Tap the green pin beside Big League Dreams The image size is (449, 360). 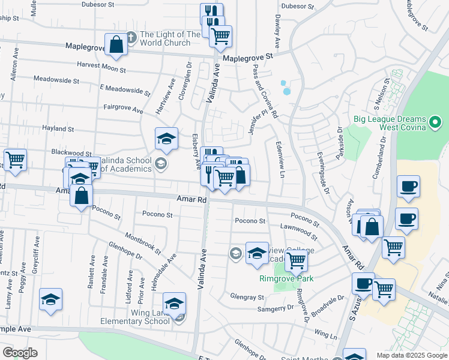pos(436,124)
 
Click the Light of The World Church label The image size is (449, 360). pos(170,39)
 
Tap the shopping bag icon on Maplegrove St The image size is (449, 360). pos(116,44)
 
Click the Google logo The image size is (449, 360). pos(20,352)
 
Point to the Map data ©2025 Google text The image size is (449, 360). pos(411,355)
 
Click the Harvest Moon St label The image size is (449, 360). pos(101,69)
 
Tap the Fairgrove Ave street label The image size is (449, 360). pos(123,110)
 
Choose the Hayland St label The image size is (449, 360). pos(58,128)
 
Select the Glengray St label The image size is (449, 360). pos(248,297)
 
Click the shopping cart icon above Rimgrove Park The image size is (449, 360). pos(296,260)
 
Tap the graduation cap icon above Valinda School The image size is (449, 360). pos(166,139)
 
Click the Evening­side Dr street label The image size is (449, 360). pos(324,173)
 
